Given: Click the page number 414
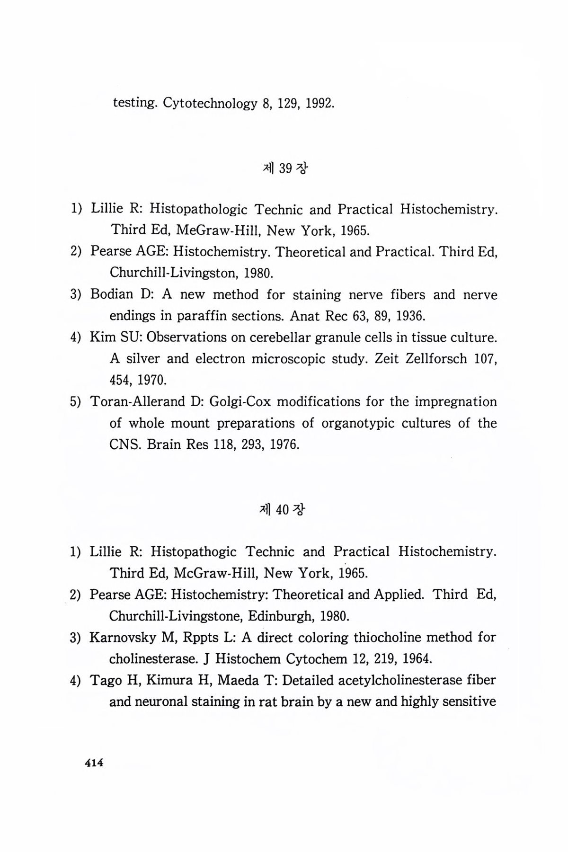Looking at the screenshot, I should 93,763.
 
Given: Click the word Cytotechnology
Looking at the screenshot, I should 209,103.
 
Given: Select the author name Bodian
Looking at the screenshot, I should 112,294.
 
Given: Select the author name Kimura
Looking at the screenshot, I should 168,680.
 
